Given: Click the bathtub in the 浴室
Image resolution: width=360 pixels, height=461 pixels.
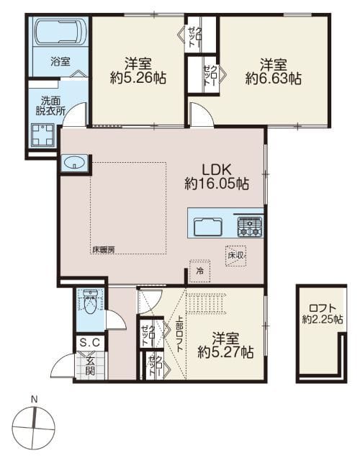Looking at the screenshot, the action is [x=60, y=32].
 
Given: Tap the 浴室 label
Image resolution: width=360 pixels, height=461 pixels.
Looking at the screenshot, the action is [x=60, y=62].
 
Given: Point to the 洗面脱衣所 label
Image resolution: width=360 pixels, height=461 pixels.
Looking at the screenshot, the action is [x=50, y=106].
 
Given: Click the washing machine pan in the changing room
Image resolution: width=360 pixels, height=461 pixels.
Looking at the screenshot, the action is [x=43, y=135].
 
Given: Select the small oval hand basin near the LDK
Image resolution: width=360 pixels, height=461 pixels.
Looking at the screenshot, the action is [x=74, y=163].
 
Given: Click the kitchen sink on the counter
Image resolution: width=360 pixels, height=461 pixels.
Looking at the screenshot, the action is [x=207, y=227].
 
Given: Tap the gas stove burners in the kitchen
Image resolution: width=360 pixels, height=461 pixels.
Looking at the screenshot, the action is [x=250, y=227].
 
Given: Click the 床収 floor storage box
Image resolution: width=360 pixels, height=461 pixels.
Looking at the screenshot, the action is [x=235, y=256].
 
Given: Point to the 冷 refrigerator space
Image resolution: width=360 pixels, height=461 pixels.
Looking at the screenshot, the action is [x=200, y=271].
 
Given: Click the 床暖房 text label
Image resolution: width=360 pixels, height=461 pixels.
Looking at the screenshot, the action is [x=103, y=250].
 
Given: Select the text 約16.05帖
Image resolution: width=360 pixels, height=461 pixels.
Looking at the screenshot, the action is [x=217, y=184].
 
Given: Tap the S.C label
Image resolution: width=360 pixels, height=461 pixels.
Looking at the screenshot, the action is [x=90, y=343].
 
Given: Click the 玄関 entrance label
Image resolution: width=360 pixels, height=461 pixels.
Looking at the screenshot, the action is [x=91, y=366].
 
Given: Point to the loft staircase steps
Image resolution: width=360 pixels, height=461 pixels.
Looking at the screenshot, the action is [x=207, y=303].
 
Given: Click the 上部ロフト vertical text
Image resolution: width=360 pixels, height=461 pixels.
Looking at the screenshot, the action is [x=179, y=334].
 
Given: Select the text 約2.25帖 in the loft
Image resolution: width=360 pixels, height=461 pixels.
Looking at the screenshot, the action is [x=323, y=319].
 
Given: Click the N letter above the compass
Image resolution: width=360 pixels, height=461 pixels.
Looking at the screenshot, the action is [x=35, y=399].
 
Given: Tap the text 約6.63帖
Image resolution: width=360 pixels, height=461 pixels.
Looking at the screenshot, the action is [x=274, y=79].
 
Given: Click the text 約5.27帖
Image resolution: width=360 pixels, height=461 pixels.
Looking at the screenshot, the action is [x=225, y=352].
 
